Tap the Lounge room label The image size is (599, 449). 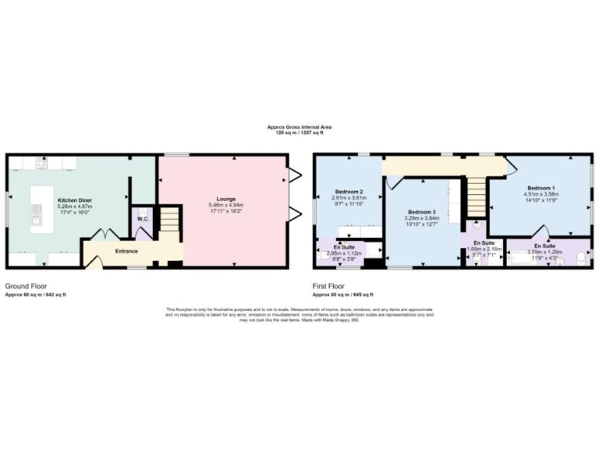[227, 199]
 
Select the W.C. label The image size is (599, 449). [143, 219]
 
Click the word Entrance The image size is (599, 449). [127, 251]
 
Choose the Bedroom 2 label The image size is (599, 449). [348, 191]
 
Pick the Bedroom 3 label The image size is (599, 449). [422, 212]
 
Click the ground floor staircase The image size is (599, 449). [169, 223]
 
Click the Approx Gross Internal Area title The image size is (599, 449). [299, 128]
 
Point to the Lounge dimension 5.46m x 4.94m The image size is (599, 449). [227, 206]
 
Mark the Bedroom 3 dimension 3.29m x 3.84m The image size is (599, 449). [422, 219]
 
